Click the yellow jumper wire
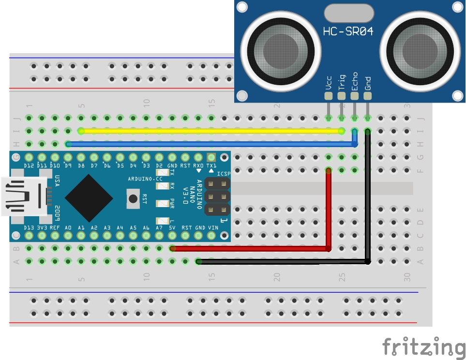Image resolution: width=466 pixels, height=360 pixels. (x=208, y=131)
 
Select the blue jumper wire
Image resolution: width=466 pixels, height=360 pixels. (x=208, y=144)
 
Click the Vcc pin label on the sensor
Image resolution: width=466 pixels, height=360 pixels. (x=329, y=83)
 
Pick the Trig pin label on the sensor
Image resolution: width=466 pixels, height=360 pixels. (x=342, y=83)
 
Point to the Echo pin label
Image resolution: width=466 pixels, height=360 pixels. (x=355, y=81)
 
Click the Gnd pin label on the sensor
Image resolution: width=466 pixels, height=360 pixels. (x=368, y=83)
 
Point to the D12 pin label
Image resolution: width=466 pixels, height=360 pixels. (x=29, y=166)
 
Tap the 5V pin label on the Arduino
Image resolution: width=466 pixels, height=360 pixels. (x=172, y=227)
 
